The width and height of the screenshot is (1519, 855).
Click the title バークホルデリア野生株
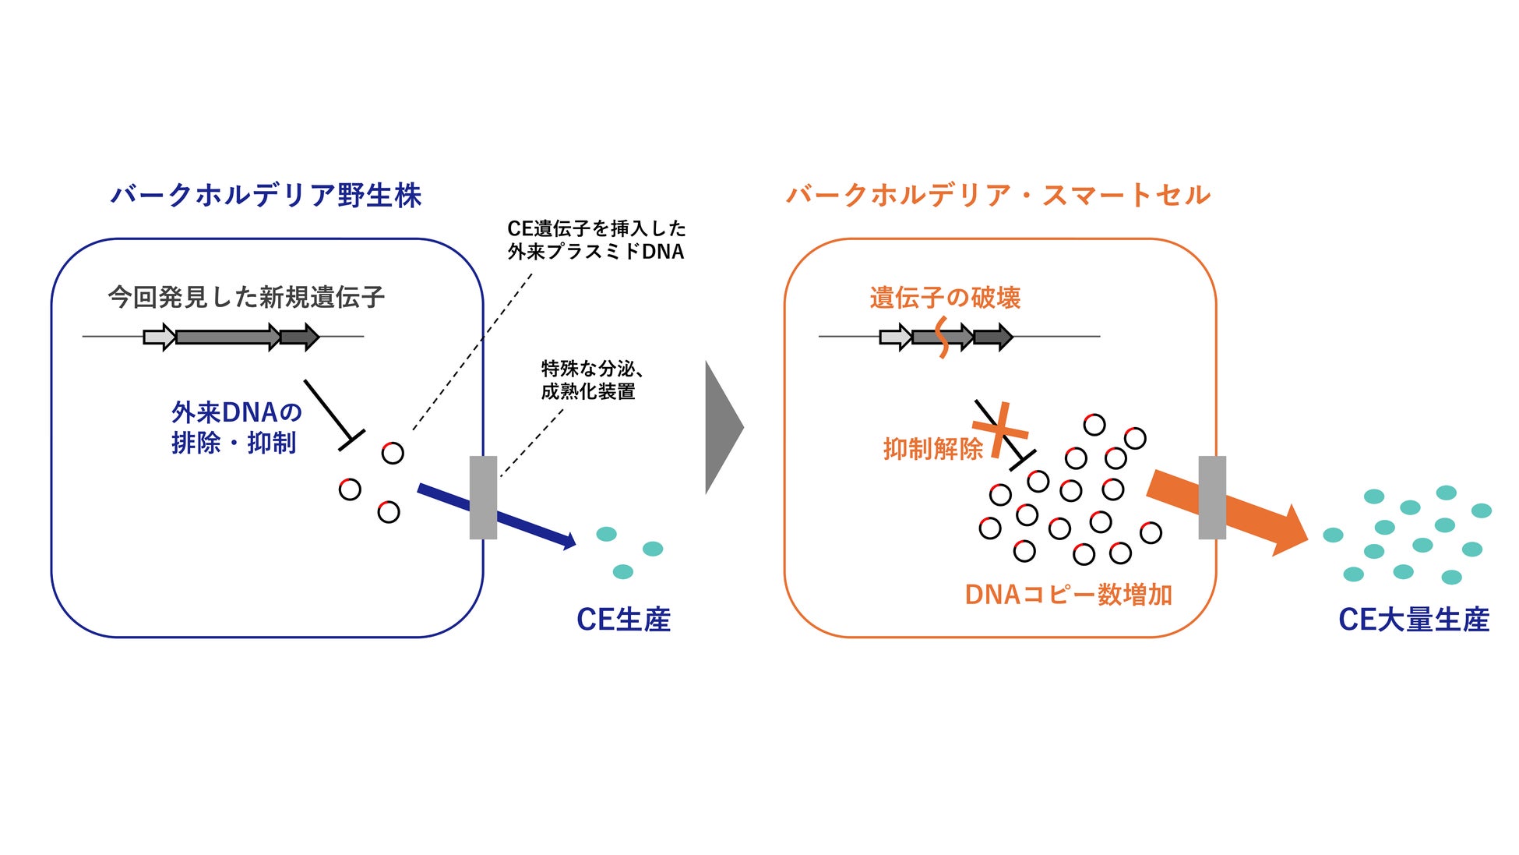(x=266, y=195)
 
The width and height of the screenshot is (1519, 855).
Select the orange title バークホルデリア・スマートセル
(x=998, y=195)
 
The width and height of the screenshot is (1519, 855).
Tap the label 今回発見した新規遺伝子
(x=246, y=297)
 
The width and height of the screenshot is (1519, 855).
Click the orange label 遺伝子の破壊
(x=944, y=298)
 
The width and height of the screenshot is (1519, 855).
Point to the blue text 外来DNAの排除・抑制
(x=235, y=427)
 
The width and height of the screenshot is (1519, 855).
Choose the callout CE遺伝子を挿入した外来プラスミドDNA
(x=596, y=240)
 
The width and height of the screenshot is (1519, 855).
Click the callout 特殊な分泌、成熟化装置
(x=590, y=380)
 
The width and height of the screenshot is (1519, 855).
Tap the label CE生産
(x=623, y=620)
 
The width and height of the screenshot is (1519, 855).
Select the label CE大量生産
(x=1413, y=620)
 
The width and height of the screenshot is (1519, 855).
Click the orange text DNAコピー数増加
(x=1068, y=595)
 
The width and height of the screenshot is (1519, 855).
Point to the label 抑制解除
(x=932, y=449)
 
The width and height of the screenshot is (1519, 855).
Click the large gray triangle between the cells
(x=722, y=427)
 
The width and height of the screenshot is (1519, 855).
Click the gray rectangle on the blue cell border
(x=483, y=497)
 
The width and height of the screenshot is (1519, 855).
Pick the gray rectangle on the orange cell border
(x=1211, y=497)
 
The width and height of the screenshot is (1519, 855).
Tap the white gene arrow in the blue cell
(x=159, y=337)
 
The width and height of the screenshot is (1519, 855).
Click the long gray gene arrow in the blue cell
(x=227, y=337)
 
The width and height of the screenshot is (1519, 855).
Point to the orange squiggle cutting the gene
(x=942, y=337)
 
